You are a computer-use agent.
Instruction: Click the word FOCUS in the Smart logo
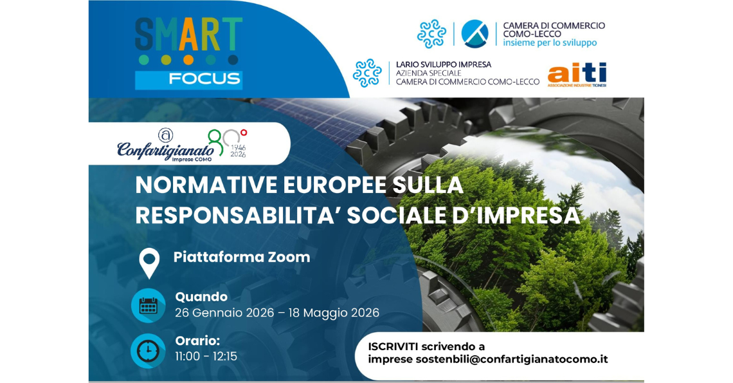[x=204, y=79]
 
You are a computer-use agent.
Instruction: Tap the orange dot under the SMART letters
[x=188, y=60]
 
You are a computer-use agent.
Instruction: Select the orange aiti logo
[x=577, y=75]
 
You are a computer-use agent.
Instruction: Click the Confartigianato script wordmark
[x=165, y=150]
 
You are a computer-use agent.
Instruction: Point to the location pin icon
[x=149, y=263]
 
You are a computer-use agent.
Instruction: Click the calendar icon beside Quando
[x=148, y=306]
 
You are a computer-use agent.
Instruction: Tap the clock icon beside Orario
[x=148, y=351]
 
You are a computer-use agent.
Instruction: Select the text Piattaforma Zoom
[x=242, y=257]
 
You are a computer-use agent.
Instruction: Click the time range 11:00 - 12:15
[x=206, y=357]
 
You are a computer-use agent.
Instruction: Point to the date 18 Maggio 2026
[x=334, y=313]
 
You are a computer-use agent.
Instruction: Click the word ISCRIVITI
[x=393, y=347]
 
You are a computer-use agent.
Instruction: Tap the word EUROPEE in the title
[x=334, y=185]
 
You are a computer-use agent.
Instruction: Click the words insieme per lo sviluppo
[x=550, y=43]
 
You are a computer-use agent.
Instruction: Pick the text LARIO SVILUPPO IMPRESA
[x=444, y=64]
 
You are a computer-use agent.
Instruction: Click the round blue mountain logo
[x=475, y=33]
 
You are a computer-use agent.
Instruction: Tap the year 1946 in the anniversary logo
[x=238, y=147]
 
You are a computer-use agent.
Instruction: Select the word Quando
[x=201, y=297]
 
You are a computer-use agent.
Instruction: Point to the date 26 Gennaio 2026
[x=224, y=313]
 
